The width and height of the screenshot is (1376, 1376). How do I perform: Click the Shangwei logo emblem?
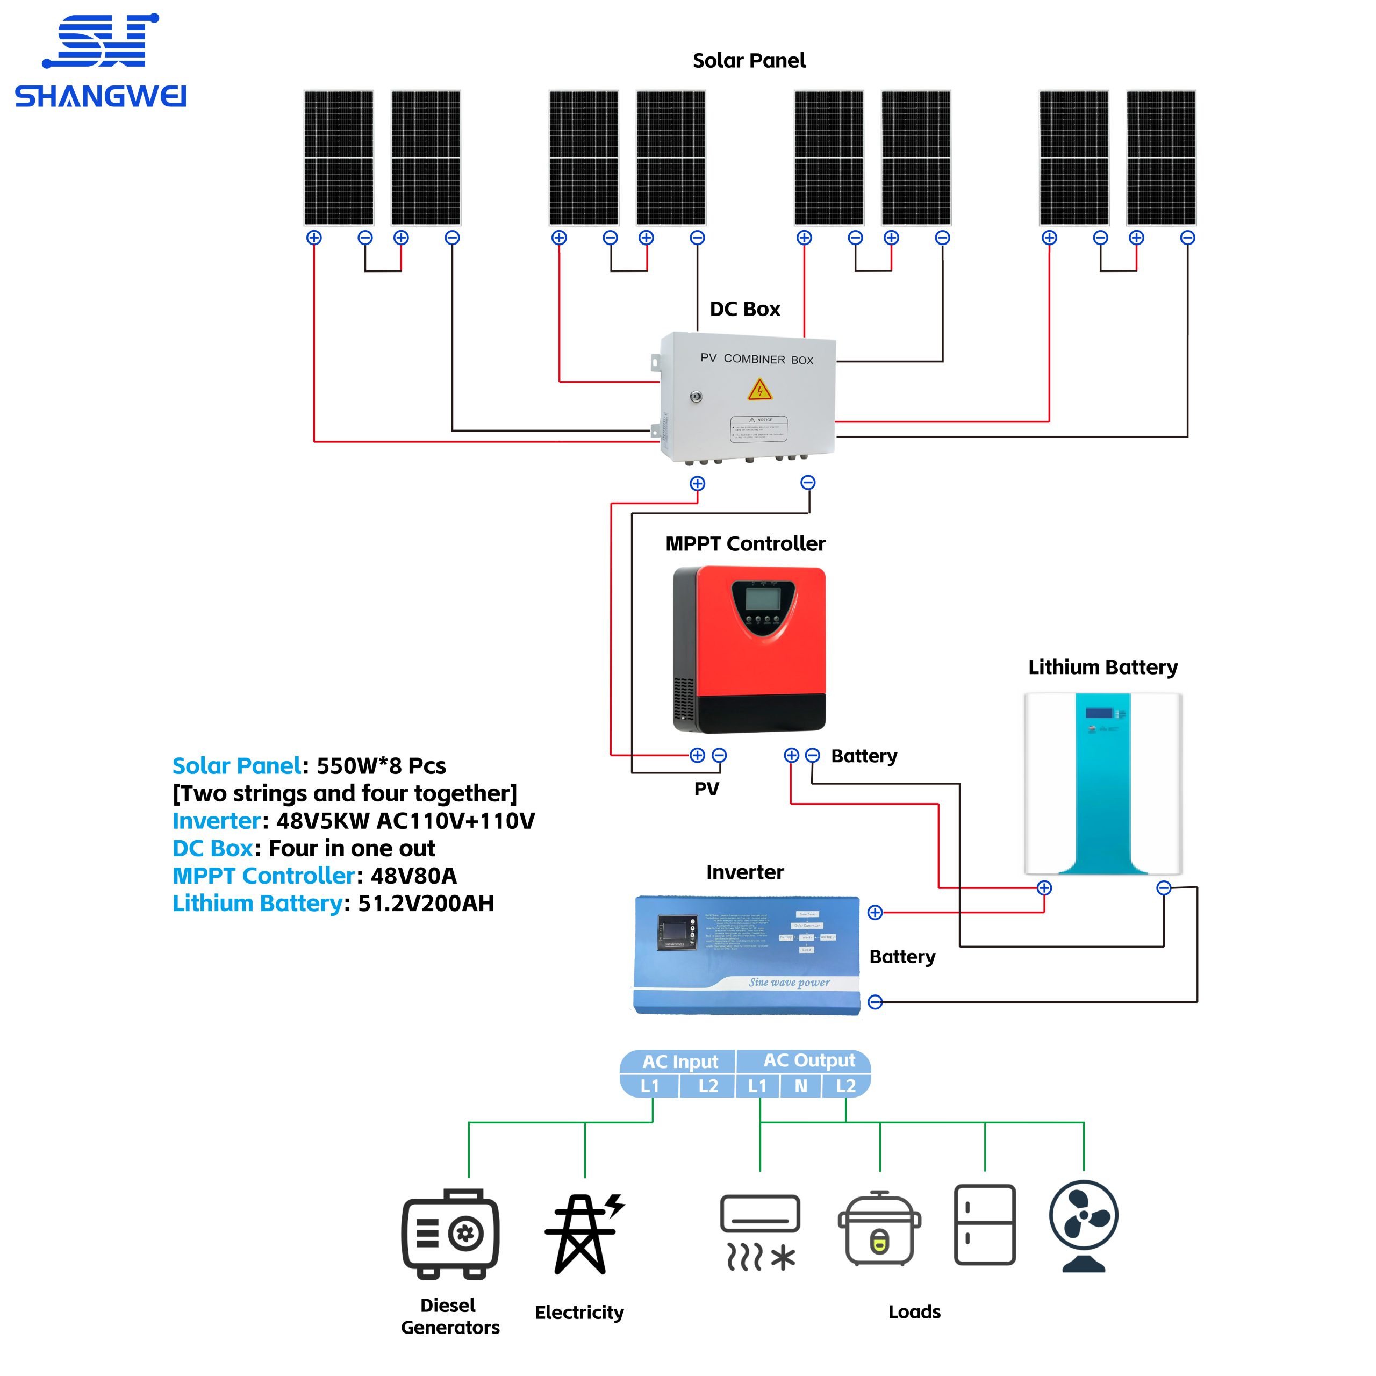[x=101, y=41]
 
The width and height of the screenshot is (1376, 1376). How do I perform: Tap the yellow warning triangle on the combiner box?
[x=759, y=390]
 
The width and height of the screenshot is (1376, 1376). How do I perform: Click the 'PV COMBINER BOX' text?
[x=756, y=359]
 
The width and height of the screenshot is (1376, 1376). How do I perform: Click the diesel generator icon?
[x=450, y=1234]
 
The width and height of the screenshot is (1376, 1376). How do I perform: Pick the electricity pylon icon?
[x=583, y=1234]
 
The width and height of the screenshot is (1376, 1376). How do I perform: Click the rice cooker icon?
[x=879, y=1229]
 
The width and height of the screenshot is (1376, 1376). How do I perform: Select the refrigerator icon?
[x=984, y=1225]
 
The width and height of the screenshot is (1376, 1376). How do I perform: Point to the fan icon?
[x=1083, y=1225]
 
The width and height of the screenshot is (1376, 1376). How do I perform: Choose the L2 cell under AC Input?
[x=708, y=1086]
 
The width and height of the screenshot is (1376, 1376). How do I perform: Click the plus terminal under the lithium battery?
[x=1044, y=887]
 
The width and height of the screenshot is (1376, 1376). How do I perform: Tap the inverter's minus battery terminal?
[x=875, y=1002]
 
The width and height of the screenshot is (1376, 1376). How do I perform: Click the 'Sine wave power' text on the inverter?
[x=789, y=982]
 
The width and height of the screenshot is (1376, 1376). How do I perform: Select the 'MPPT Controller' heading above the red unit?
[x=745, y=543]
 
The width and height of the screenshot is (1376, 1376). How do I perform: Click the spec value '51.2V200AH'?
[x=426, y=903]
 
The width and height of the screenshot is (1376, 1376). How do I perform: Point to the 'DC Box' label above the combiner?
[x=745, y=309]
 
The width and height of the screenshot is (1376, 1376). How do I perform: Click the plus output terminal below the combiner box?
[x=697, y=484]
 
